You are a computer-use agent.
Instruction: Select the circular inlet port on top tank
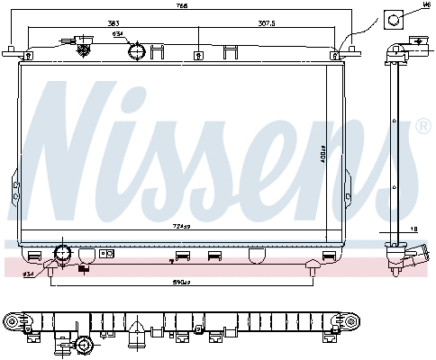[x=136, y=51]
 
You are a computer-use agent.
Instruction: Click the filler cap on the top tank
[x=77, y=42]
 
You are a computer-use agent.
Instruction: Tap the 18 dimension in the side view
[x=413, y=230]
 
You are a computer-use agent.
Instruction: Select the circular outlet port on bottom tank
[x=64, y=253]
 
